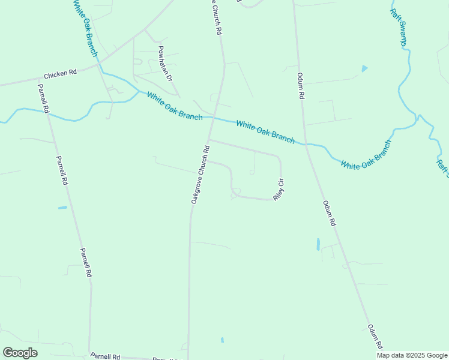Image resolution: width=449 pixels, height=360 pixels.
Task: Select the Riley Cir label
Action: coord(279,189)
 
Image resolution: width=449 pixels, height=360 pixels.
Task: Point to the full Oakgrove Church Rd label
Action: coord(200,175)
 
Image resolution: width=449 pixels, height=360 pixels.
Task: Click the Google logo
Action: coord(20,353)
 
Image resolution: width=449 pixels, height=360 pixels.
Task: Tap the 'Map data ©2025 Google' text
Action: coord(412,355)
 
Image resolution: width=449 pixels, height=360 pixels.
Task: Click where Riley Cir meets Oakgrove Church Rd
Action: coord(209,140)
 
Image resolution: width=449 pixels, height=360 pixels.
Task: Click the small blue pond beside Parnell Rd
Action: coord(62,208)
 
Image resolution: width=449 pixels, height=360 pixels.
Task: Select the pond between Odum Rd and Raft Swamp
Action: coord(364,68)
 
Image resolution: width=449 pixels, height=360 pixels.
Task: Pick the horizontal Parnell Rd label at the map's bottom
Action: coord(106,356)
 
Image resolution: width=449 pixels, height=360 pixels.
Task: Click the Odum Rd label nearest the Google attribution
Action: coord(375,337)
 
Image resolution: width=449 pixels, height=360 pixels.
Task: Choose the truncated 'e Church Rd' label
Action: coord(215,19)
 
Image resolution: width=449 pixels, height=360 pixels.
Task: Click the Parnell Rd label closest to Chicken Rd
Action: coord(43,98)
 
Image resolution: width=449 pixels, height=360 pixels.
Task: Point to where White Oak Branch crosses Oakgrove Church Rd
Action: coord(213,118)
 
